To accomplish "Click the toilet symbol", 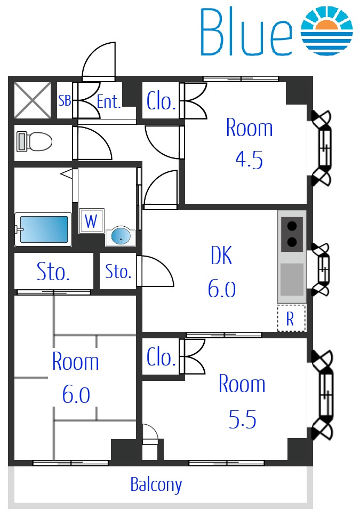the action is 35,141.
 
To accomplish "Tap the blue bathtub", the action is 43,229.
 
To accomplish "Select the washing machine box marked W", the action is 92,220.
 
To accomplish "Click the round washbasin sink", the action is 121,236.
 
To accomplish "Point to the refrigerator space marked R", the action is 291,318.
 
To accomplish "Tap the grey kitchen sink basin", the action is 292,280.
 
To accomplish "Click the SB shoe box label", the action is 65,100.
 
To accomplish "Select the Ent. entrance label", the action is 109,101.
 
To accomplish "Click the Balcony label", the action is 156,485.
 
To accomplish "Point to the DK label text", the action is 221,256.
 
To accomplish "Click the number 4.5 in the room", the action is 249,160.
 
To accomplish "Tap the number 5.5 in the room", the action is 242,419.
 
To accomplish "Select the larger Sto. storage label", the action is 53,272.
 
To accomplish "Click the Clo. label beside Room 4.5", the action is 161,101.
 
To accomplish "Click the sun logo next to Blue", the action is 327,30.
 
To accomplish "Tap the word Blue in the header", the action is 246,31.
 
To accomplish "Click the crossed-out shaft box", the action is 33,100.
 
